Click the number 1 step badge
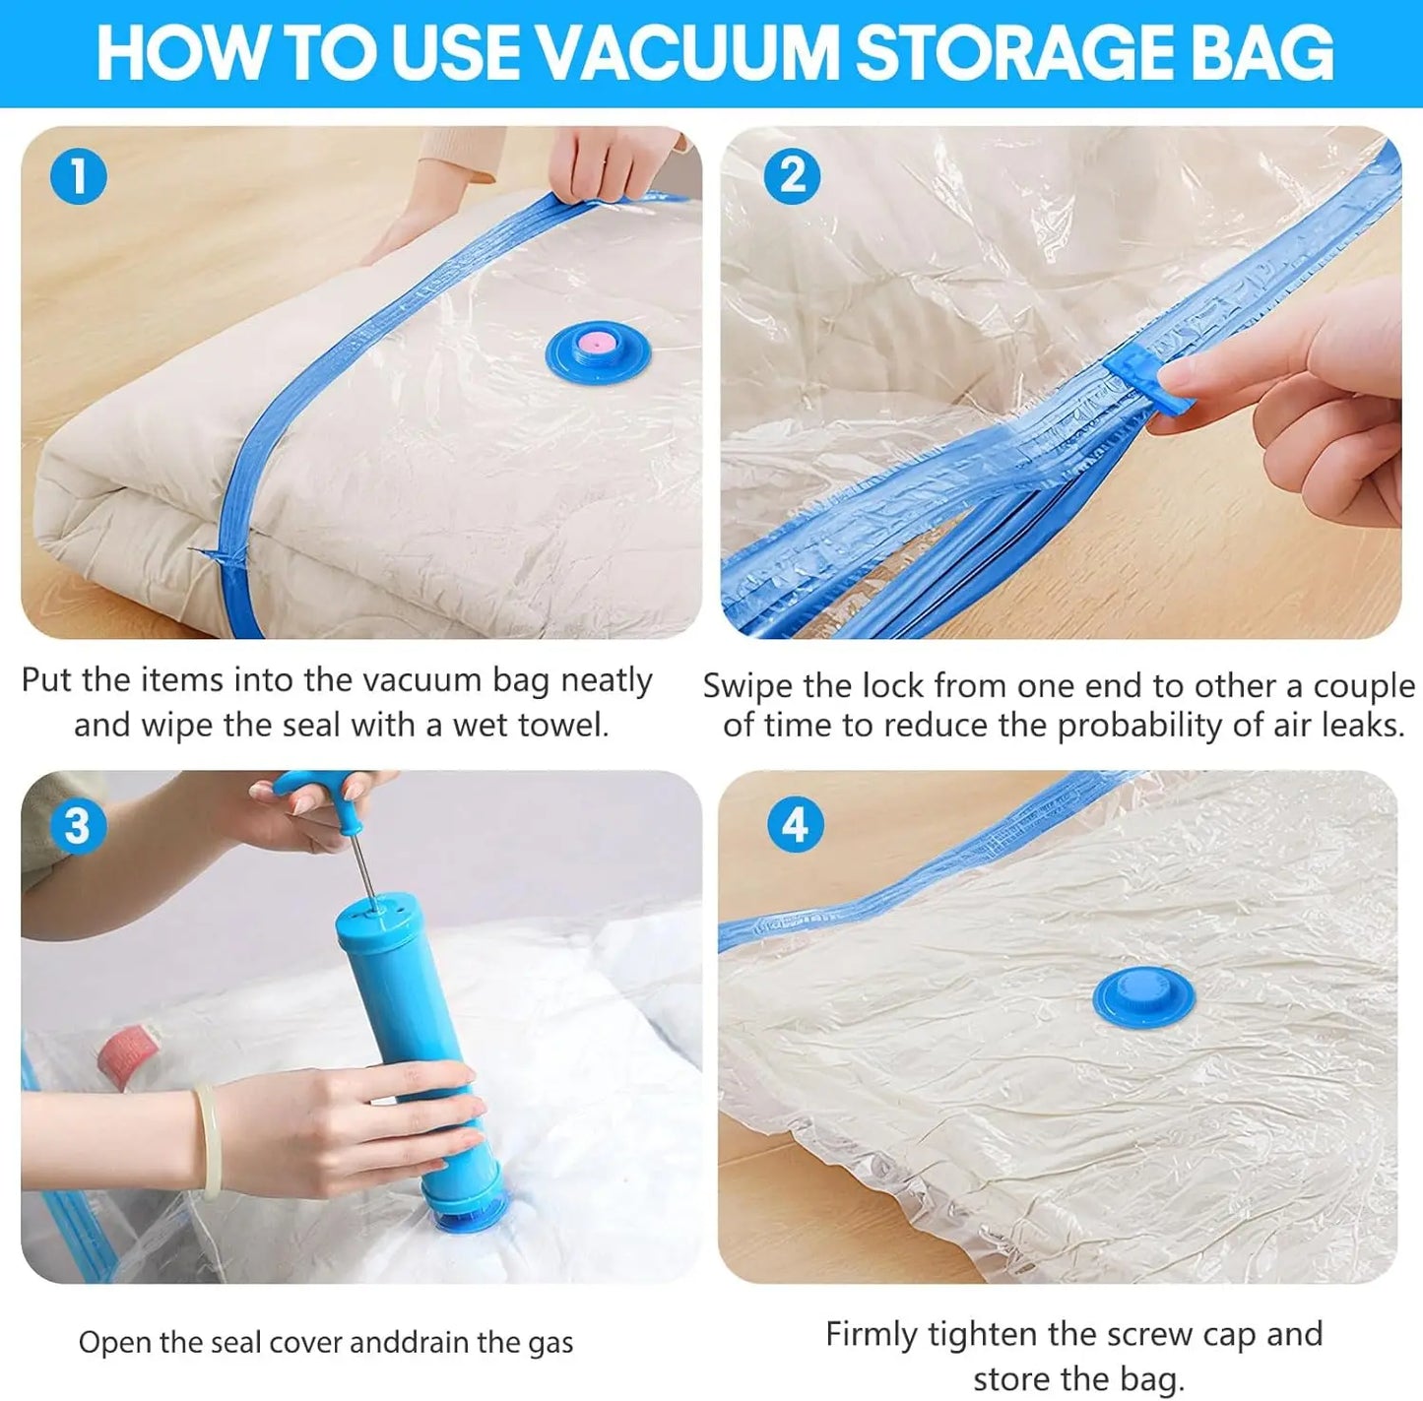pyautogui.click(x=78, y=178)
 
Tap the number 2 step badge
pyautogui.click(x=792, y=177)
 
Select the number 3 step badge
pyautogui.click(x=78, y=826)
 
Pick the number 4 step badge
pyautogui.click(x=795, y=825)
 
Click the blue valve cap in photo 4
pyautogui.click(x=1143, y=993)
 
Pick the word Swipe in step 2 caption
pyautogui.click(x=745, y=686)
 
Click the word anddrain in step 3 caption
pyautogui.click(x=410, y=1343)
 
